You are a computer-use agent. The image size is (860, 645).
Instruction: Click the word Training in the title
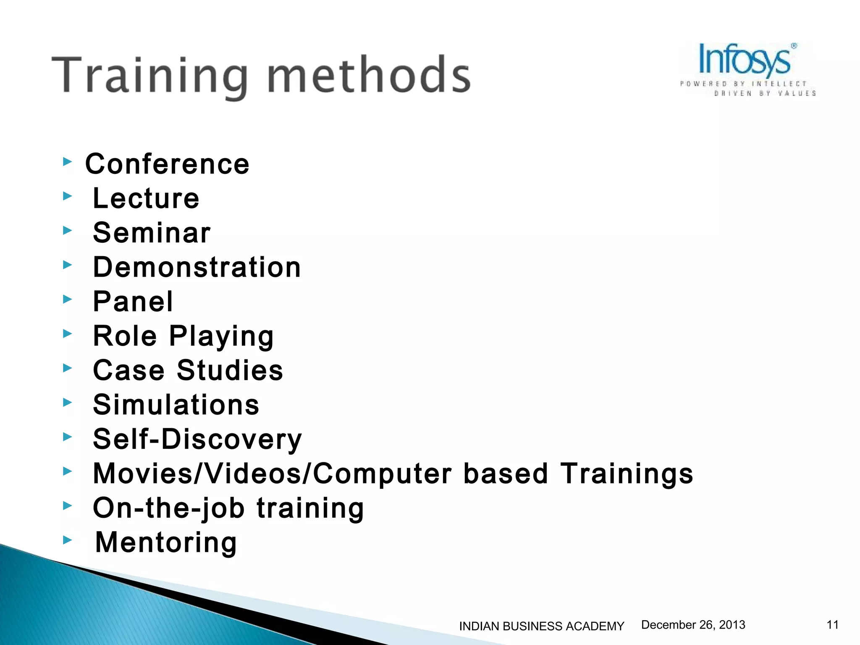149,76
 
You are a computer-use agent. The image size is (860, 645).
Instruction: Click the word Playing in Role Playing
221,337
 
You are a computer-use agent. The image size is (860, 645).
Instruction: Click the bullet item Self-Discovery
197,439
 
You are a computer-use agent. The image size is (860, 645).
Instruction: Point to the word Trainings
627,474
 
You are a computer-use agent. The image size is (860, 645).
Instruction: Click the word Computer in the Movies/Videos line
383,474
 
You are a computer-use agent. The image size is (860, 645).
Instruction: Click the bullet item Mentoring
166,543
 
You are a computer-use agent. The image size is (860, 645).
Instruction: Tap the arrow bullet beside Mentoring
67,540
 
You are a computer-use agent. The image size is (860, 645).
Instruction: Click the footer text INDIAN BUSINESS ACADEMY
542,626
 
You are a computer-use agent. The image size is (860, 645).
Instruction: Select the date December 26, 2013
693,625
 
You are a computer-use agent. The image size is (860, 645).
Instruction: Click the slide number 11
833,625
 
